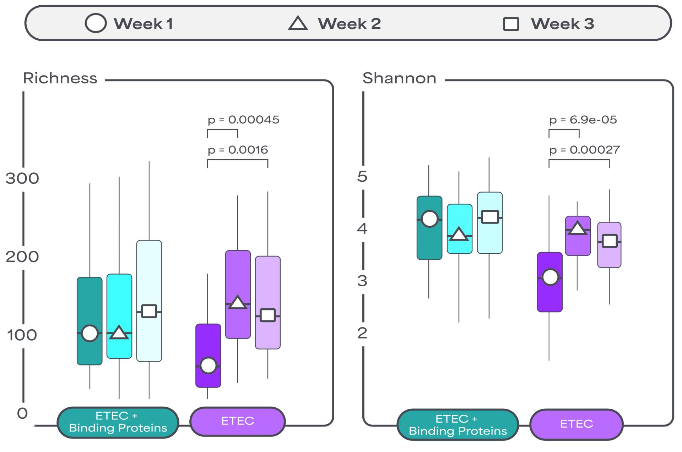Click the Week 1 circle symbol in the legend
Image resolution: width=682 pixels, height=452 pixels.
click(96, 23)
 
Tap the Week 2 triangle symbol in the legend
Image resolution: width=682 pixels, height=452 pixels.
click(298, 23)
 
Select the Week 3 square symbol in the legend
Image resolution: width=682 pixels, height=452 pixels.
click(511, 24)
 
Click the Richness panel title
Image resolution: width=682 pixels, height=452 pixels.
click(60, 78)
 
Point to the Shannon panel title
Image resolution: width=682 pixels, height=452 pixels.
click(399, 78)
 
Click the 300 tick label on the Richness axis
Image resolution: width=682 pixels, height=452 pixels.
click(22, 178)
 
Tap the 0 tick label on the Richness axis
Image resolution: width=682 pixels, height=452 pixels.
click(22, 413)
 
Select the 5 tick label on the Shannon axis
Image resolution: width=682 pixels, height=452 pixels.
click(362, 176)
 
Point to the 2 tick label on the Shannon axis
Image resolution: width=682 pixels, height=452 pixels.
click(362, 333)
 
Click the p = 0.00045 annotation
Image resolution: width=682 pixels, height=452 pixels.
click(244, 120)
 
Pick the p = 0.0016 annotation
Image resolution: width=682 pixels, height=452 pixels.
click(238, 150)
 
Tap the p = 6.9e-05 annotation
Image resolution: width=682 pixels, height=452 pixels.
click(583, 120)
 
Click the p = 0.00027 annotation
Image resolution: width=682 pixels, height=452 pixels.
click(585, 150)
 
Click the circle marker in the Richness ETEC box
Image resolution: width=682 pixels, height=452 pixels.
click(209, 365)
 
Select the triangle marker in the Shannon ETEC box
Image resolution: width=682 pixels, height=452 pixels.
click(578, 228)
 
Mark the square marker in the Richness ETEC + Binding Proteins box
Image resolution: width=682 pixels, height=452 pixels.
click(149, 311)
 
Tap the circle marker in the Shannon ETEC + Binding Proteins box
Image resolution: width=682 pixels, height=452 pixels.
click(430, 219)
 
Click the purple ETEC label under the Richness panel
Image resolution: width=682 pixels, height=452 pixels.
click(238, 421)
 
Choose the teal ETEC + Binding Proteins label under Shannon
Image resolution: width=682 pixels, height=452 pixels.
click(458, 425)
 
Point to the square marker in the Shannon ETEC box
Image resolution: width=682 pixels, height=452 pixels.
click(610, 241)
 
